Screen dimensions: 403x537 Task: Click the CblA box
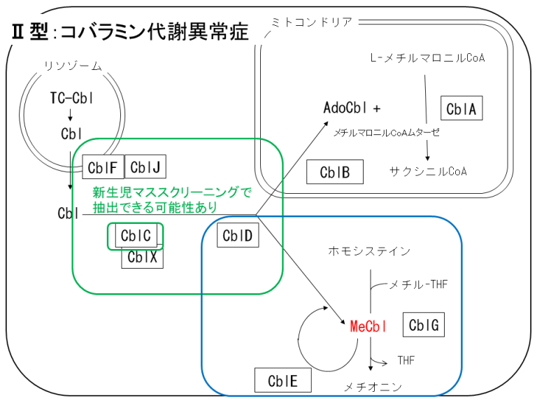[x=462, y=108]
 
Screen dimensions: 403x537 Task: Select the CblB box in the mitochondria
[x=334, y=171]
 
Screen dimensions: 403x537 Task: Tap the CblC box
[x=136, y=236]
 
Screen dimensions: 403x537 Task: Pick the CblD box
[x=238, y=236]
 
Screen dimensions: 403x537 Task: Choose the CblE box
[x=282, y=380]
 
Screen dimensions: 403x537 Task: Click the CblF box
[x=103, y=167]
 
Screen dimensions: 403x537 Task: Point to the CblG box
[x=424, y=325]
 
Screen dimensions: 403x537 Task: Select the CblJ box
[x=145, y=167]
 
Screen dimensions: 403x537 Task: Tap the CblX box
[x=143, y=257]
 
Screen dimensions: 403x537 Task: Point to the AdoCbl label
[x=347, y=108]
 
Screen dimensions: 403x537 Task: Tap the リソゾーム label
[x=73, y=66]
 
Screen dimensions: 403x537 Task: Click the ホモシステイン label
[x=369, y=250]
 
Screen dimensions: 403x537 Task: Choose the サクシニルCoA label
[x=428, y=171]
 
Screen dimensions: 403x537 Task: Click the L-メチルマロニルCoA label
[x=427, y=58]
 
